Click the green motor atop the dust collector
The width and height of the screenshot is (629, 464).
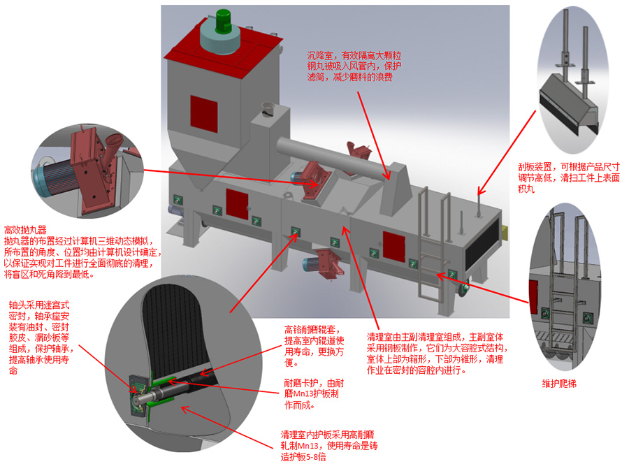point(224,21)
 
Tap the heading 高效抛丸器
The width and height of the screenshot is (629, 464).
point(25,229)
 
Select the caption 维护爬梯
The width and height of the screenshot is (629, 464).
point(559,384)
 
